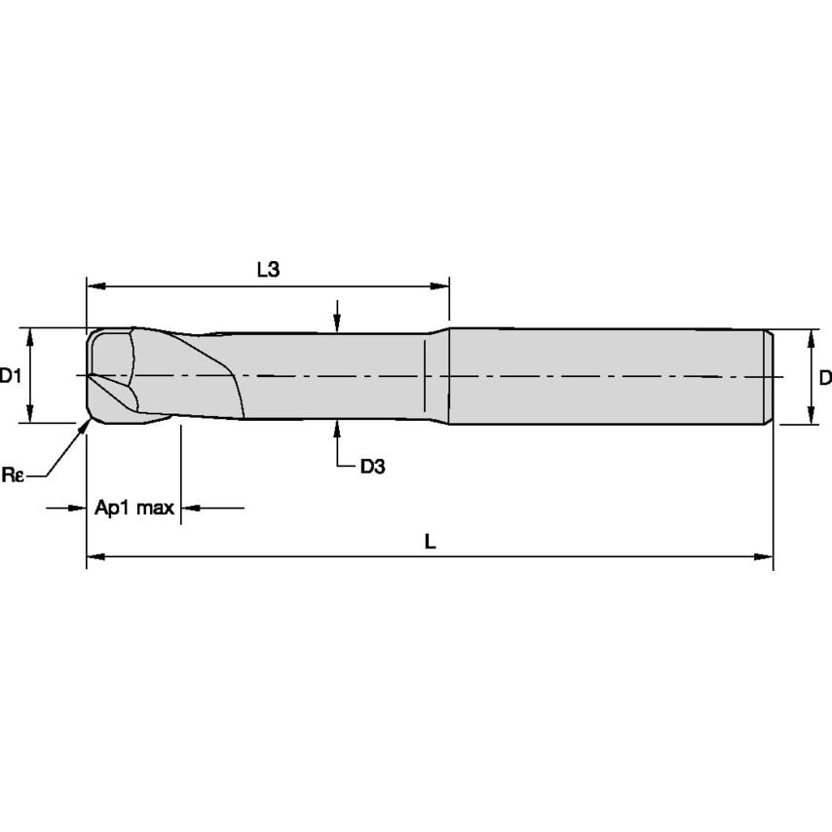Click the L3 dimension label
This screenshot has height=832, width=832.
tap(268, 270)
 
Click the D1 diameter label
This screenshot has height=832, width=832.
tap(11, 375)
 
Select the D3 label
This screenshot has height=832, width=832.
tap(372, 466)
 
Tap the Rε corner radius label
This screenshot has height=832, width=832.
tap(12, 474)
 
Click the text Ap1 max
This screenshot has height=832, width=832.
tap(134, 508)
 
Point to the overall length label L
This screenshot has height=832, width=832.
tap(430, 542)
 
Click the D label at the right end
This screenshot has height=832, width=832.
tap(824, 377)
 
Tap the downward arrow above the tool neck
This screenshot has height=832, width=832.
tap(337, 324)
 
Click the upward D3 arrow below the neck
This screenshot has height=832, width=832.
tap(337, 427)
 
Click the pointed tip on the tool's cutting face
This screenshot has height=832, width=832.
tap(89, 376)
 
